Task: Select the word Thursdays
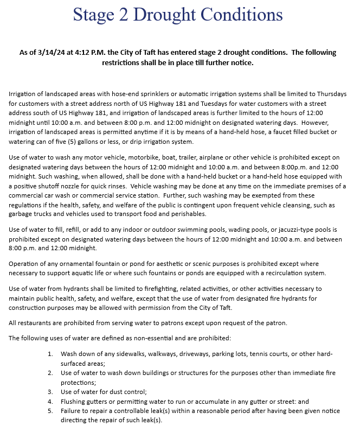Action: pos(321,94)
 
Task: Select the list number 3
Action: pos(49,391)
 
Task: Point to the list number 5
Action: pos(49,411)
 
